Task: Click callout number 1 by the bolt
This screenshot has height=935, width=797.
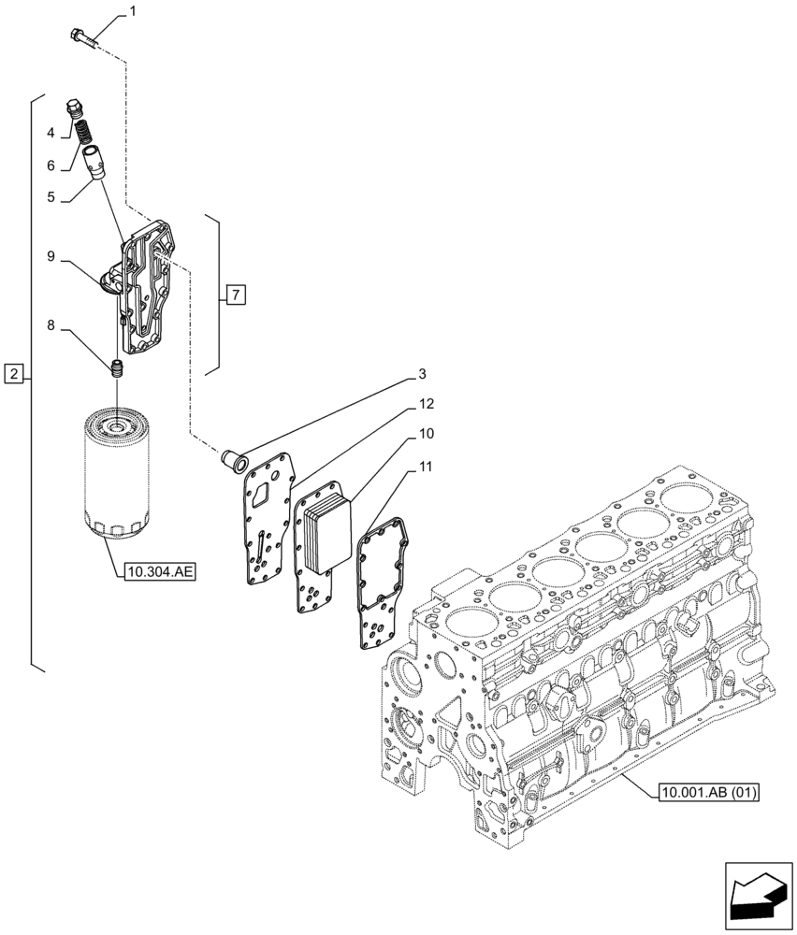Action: point(132,12)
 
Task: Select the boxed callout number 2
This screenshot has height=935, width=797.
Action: point(13,375)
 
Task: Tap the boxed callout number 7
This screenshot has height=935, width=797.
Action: point(234,296)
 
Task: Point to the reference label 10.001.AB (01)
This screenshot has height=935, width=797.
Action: point(708,794)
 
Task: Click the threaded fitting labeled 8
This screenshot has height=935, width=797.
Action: point(117,368)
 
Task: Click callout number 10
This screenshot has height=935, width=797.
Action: point(426,435)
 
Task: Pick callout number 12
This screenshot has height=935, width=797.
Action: point(426,404)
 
